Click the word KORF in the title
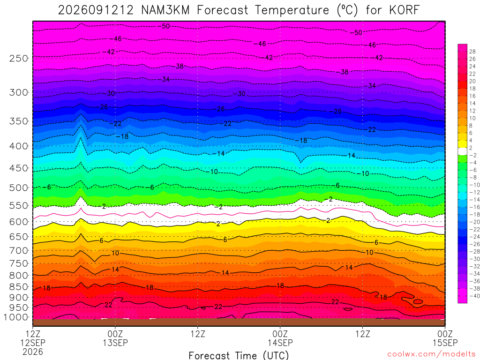405,10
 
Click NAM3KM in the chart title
165,10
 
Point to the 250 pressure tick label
19,58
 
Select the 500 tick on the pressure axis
19,187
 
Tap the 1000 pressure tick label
16,317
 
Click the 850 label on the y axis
19,287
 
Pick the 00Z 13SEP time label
115,338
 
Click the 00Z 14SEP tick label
280,338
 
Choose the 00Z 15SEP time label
445,338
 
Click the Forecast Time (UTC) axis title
239,355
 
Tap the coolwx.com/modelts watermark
431,354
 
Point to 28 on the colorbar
472,52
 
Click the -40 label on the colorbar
474,296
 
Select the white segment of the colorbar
463,151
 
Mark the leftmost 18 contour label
46,288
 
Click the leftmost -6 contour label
47,187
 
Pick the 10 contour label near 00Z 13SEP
115,253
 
